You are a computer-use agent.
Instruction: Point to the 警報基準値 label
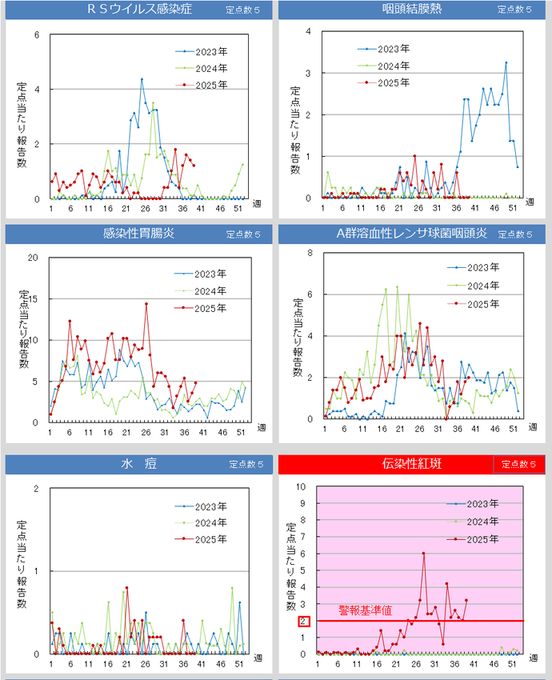click(x=365, y=610)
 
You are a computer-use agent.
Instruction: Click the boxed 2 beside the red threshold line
click(x=303, y=621)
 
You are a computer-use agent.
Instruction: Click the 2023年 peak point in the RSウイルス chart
click(x=142, y=79)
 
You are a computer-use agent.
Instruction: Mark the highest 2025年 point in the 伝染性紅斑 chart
click(x=423, y=554)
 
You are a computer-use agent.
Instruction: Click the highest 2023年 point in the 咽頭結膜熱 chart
click(x=506, y=62)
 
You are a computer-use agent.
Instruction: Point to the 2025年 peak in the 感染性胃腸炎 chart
click(x=146, y=303)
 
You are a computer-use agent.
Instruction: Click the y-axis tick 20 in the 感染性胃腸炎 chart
click(x=34, y=257)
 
